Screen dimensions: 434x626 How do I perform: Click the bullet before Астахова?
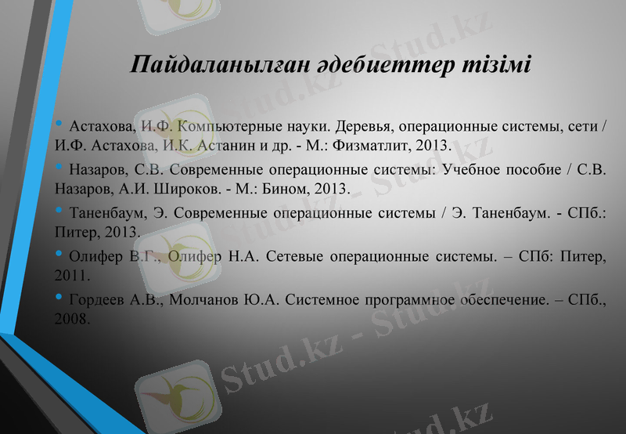point(60,125)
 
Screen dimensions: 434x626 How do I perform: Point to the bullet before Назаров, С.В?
point(60,168)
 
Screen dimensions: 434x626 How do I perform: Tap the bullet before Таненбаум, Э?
point(60,212)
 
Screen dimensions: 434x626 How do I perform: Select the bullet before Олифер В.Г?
point(60,255)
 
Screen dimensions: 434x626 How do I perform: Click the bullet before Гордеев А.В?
point(60,298)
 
